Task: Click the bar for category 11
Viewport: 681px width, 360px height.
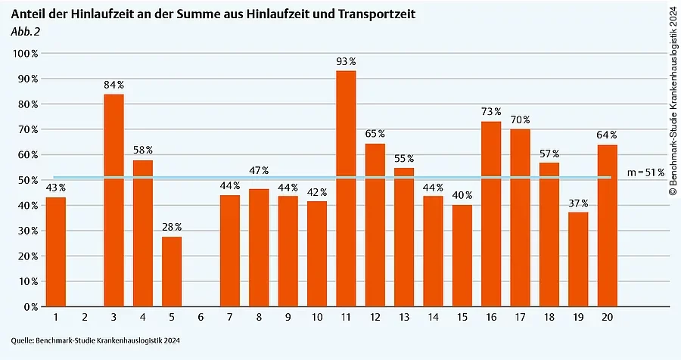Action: point(346,188)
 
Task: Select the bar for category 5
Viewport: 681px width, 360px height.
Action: point(172,272)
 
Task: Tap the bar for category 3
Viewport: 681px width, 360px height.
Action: point(113,200)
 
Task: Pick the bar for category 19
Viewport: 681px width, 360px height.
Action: point(578,259)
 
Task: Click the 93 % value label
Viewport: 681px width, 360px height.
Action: point(346,61)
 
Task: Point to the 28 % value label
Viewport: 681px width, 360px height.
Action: point(172,227)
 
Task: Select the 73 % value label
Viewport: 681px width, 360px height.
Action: point(491,112)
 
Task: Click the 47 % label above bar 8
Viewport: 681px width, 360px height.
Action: point(260,170)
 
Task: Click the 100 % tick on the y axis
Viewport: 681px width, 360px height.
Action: point(26,54)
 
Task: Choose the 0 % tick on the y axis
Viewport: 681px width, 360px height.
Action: point(31,307)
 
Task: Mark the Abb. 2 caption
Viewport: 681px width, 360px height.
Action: point(25,31)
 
